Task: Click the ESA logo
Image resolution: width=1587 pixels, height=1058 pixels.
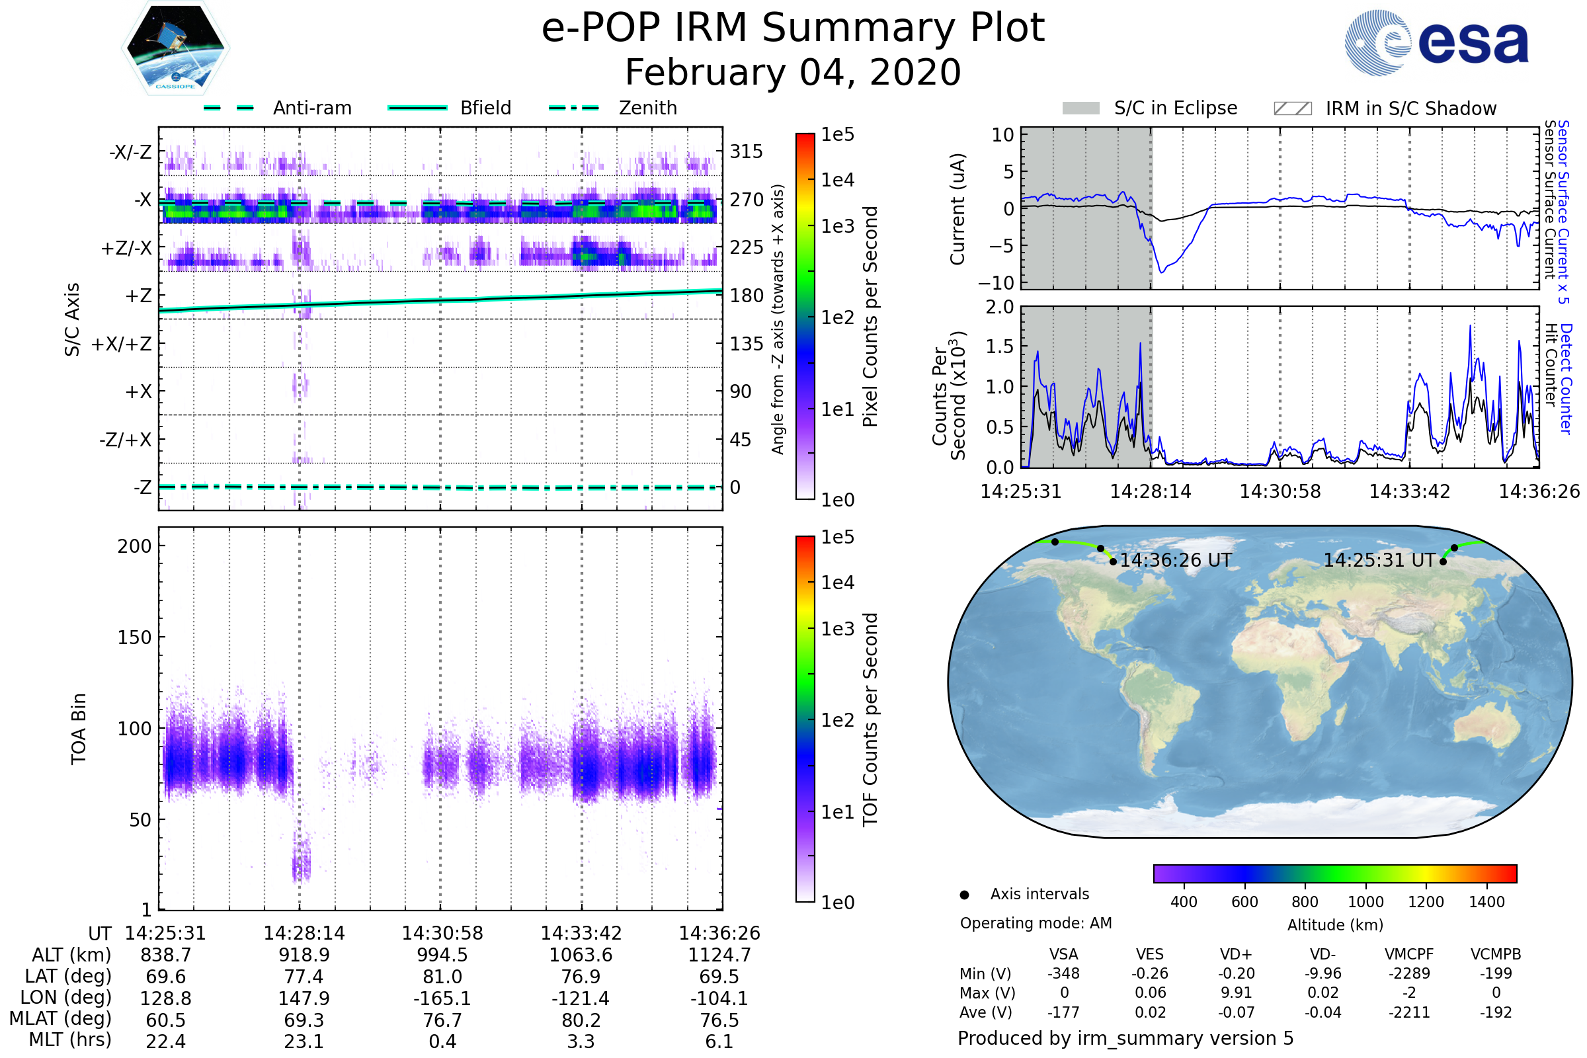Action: (1436, 42)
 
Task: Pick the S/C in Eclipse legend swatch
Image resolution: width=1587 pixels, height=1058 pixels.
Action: (1081, 108)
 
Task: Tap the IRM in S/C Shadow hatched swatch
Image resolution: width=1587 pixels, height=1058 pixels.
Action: (1292, 108)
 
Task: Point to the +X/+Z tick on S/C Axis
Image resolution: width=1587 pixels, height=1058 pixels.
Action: (122, 344)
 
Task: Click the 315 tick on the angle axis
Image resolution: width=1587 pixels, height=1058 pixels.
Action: (747, 152)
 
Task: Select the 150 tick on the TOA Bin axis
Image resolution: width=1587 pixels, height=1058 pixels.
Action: (134, 637)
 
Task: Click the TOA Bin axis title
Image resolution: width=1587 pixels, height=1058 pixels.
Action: (79, 729)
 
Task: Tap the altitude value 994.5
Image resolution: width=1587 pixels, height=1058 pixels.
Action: (442, 955)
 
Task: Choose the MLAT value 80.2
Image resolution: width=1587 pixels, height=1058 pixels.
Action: (581, 1020)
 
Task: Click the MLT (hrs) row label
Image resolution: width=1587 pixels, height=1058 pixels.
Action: (70, 1039)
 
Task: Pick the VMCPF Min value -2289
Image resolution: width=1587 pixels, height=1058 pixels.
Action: (1409, 973)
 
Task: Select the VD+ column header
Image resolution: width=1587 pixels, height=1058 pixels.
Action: (1236, 954)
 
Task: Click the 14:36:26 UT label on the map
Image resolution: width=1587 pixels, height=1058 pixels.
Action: (1176, 561)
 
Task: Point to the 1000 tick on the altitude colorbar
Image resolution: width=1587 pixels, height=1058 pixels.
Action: (1365, 902)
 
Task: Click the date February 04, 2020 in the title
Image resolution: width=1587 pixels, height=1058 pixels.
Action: (793, 73)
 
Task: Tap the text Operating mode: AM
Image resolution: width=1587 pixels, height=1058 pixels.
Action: (1036, 923)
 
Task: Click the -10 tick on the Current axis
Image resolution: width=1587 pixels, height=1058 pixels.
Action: (1002, 283)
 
